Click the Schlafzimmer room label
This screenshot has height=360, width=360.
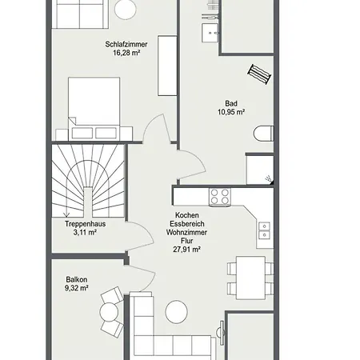pyautogui.click(x=126, y=44)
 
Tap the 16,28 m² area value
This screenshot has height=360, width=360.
pyautogui.click(x=126, y=53)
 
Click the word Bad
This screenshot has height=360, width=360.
pyautogui.click(x=231, y=103)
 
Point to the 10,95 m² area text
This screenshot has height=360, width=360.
pyautogui.click(x=231, y=112)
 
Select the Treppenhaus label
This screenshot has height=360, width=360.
pyautogui.click(x=85, y=224)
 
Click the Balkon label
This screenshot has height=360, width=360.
pyautogui.click(x=77, y=279)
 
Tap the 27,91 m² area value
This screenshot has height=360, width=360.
pyautogui.click(x=186, y=250)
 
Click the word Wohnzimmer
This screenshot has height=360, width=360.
pyautogui.click(x=186, y=232)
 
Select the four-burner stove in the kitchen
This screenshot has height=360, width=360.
pyautogui.click(x=220, y=197)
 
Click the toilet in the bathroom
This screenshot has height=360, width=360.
pyautogui.click(x=264, y=134)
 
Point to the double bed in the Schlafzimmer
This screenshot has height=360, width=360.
pyautogui.click(x=94, y=109)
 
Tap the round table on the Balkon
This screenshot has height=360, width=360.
pyautogui.click(x=109, y=311)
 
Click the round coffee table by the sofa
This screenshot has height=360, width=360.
pyautogui.click(x=176, y=312)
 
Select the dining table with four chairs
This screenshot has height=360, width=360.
pyautogui.click(x=250, y=278)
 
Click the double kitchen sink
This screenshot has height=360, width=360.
pyautogui.click(x=264, y=230)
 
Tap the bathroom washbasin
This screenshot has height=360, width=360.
pyautogui.click(x=210, y=33)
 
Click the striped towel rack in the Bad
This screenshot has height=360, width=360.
pyautogui.click(x=259, y=74)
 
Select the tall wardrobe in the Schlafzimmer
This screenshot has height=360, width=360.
pyautogui.click(x=167, y=66)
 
